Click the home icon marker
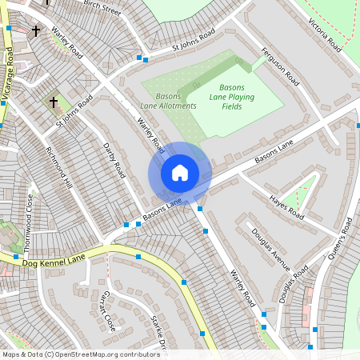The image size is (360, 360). (x=180, y=173)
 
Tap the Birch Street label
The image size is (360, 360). (x=102, y=8)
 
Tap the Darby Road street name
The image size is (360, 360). (x=114, y=160)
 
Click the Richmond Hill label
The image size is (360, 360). (x=59, y=168)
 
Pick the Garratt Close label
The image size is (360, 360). (x=107, y=311)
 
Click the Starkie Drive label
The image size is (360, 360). (x=158, y=332)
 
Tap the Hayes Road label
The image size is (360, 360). (x=286, y=207)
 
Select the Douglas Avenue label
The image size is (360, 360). (x=270, y=249)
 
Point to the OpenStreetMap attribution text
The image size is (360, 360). (x=80, y=354)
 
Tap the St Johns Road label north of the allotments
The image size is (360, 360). (x=194, y=42)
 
